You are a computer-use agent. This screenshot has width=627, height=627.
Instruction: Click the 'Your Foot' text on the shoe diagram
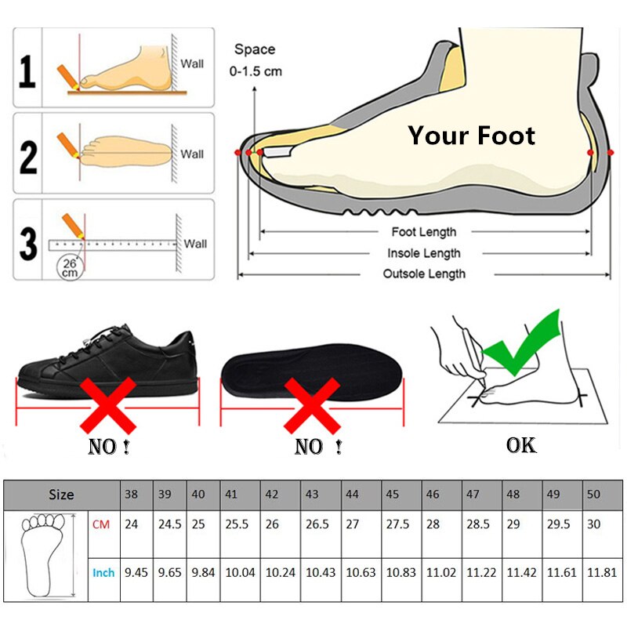pyautogui.click(x=471, y=136)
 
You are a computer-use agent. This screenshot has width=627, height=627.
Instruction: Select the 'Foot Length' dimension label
pyautogui.click(x=423, y=232)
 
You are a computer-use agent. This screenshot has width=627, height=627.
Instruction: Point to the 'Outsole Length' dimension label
pyautogui.click(x=423, y=274)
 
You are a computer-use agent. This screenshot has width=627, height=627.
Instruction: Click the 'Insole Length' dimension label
pyautogui.click(x=423, y=253)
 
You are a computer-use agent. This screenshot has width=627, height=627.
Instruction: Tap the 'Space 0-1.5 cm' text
pyautogui.click(x=256, y=60)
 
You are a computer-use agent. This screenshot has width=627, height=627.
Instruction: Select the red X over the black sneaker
pyautogui.click(x=108, y=400)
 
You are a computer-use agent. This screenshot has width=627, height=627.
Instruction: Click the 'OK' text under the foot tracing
pyautogui.click(x=521, y=445)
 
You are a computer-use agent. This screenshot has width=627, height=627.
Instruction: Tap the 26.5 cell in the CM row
pyautogui.click(x=317, y=524)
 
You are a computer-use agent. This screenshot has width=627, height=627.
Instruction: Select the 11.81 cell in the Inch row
pyautogui.click(x=601, y=573)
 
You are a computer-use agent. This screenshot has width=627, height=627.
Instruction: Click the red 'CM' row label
pyautogui.click(x=102, y=524)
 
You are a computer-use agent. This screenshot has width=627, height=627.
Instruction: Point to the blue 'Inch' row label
pyautogui.click(x=103, y=573)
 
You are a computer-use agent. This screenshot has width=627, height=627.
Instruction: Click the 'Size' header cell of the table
pyautogui.click(x=61, y=495)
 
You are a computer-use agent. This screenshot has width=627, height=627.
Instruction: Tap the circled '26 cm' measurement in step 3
pyautogui.click(x=70, y=267)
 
